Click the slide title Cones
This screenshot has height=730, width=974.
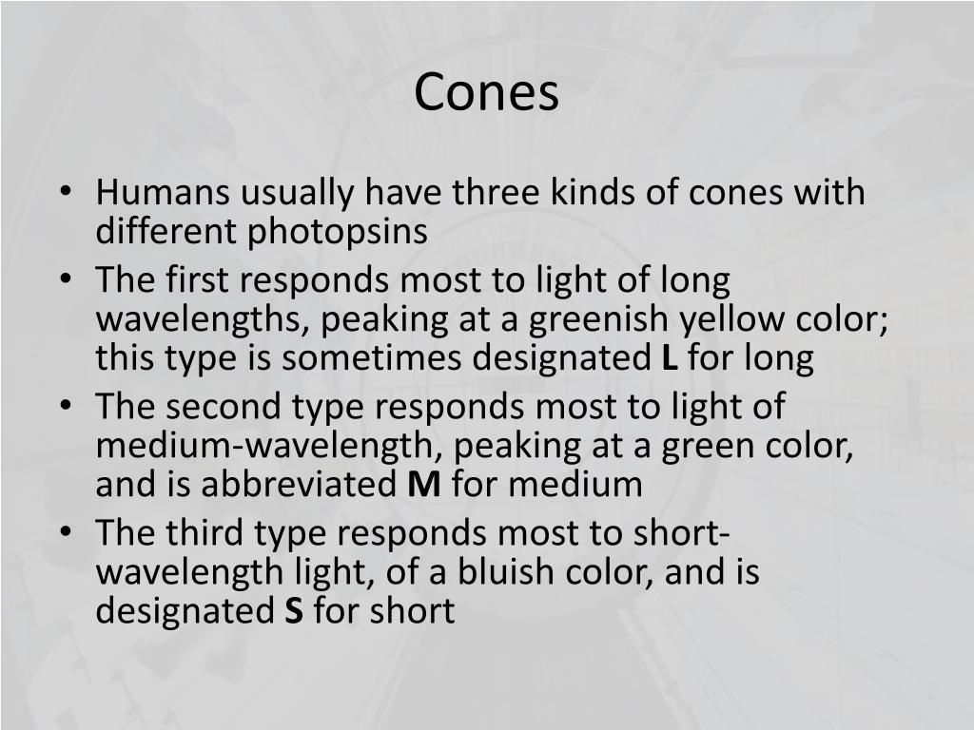[487, 92]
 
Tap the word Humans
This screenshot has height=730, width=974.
[161, 193]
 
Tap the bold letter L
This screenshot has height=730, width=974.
[668, 359]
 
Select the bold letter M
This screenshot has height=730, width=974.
[424, 485]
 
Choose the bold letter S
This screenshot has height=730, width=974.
[294, 611]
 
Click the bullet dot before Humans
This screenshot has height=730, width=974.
[66, 194]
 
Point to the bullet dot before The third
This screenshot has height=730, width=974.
[66, 534]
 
